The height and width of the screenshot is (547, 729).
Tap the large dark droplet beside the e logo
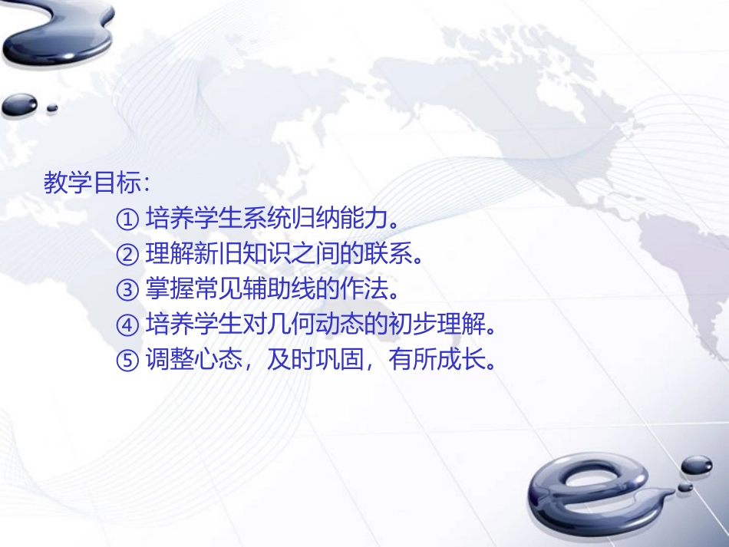696,465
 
